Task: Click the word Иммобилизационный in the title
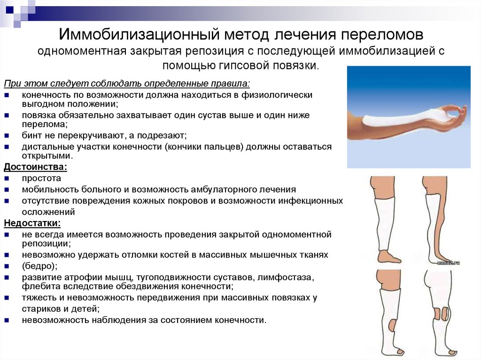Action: tap(139, 34)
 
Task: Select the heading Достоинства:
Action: tap(35, 167)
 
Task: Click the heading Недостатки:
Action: tap(32, 223)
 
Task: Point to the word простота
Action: tap(41, 178)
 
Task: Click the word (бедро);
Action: tap(39, 266)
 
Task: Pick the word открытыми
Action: tap(47, 156)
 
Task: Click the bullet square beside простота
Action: tap(7, 178)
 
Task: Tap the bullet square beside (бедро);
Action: tap(7, 266)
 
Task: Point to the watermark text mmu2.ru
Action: tap(449, 262)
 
